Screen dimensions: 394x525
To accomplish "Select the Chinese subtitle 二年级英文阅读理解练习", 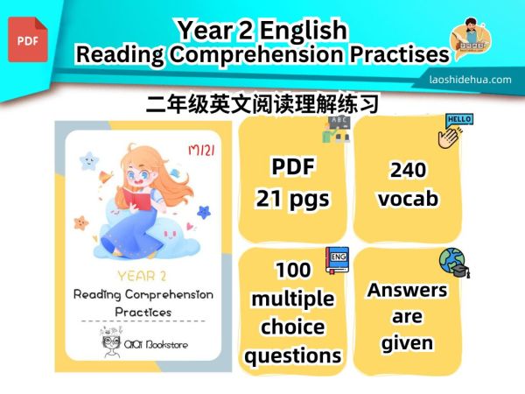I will (262, 105).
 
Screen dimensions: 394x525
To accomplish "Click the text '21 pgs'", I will (292, 199).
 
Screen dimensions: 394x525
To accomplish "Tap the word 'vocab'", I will (407, 199).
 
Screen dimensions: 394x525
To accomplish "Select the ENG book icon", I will (337, 259).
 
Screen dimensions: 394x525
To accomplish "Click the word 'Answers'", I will (407, 290).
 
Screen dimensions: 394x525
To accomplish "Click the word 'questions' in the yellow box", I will (292, 355).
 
